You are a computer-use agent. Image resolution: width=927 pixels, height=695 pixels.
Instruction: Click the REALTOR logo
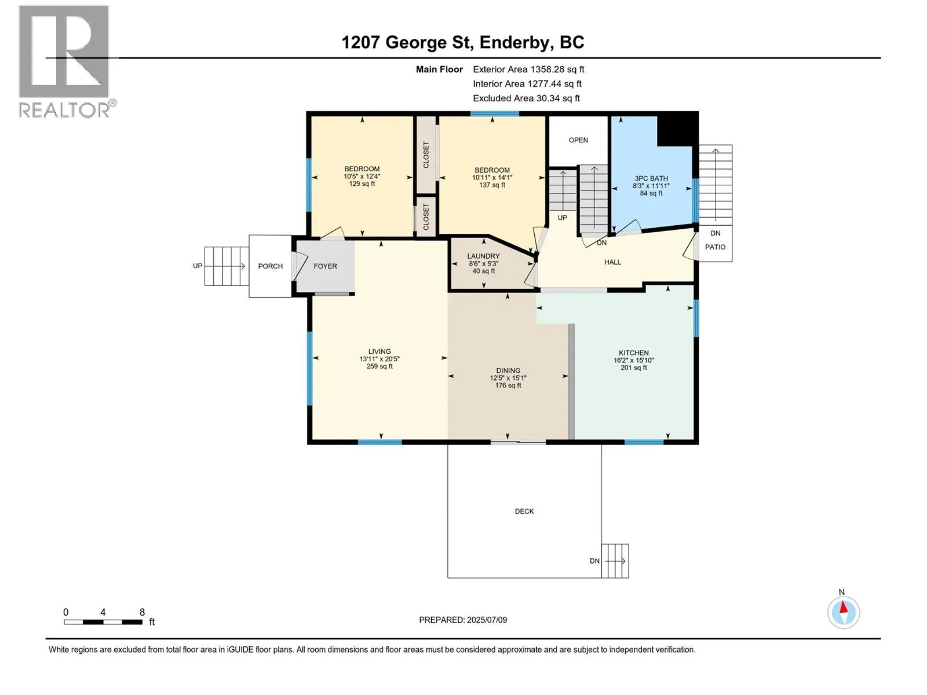click(x=66, y=61)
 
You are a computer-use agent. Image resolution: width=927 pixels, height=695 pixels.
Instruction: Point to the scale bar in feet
click(x=103, y=622)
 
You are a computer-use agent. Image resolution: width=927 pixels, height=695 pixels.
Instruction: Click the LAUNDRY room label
click(x=483, y=256)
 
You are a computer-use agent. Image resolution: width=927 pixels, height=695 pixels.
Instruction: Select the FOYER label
click(x=325, y=266)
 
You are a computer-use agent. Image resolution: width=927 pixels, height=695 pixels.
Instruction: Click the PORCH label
click(x=271, y=266)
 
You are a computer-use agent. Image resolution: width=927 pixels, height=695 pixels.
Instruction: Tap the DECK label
click(x=524, y=511)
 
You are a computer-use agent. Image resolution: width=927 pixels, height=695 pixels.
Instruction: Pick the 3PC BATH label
click(x=651, y=178)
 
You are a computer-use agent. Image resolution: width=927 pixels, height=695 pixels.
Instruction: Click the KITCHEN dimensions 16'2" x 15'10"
click(x=633, y=360)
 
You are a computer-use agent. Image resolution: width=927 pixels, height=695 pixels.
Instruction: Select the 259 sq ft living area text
click(x=379, y=366)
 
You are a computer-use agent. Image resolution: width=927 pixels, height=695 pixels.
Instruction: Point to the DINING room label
click(x=508, y=371)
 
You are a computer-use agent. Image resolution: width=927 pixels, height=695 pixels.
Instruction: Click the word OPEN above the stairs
click(x=578, y=140)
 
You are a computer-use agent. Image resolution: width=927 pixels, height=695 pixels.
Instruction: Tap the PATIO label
click(x=715, y=247)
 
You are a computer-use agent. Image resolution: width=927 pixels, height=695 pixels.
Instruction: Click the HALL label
click(x=612, y=262)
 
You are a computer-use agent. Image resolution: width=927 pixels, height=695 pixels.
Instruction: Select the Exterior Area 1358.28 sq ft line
click(x=528, y=69)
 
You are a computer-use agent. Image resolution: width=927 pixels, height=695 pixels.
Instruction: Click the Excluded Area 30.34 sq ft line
click(x=526, y=98)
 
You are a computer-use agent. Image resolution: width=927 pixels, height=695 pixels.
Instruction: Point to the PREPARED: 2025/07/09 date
click(x=463, y=620)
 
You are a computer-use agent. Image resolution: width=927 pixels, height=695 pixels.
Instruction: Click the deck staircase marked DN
click(x=615, y=561)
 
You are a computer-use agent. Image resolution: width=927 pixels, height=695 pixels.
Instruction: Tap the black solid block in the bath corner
click(x=677, y=130)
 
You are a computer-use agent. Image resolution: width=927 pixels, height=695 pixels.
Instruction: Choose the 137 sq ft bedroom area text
click(x=492, y=185)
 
